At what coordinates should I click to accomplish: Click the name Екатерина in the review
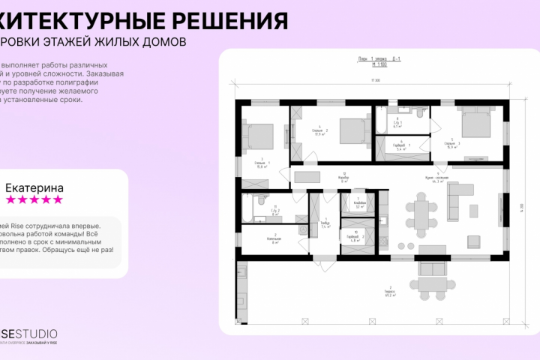[34, 187]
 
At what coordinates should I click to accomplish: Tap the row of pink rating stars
[34, 200]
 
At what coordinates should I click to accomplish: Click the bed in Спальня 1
[259, 136]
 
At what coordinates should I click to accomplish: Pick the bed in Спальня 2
[349, 131]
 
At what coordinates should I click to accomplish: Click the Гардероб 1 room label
[400, 145]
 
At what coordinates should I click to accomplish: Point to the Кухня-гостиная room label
[438, 178]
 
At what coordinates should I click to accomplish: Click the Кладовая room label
[359, 202]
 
